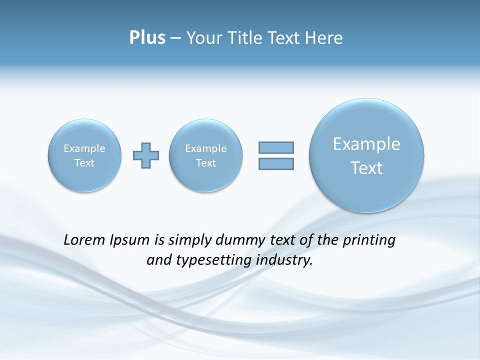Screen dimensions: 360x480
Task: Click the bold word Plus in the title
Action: [147, 38]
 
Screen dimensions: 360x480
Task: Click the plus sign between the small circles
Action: [146, 155]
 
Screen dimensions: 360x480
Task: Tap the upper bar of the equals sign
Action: [276, 147]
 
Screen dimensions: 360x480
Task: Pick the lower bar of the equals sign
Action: [276, 163]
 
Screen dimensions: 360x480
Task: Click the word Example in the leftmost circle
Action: [84, 148]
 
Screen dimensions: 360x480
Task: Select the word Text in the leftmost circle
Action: [84, 163]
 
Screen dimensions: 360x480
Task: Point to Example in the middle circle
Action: [206, 148]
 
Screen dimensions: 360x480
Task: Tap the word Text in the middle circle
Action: [206, 163]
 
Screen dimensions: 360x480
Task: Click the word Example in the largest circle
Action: [366, 144]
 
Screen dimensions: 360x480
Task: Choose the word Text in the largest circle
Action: [366, 168]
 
